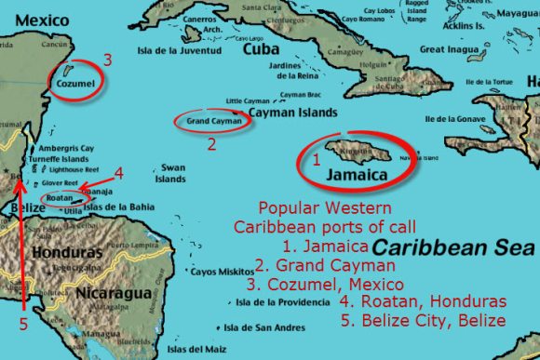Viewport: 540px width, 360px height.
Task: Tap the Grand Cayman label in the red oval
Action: pyautogui.click(x=213, y=121)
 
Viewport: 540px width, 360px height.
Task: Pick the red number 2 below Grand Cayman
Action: pyautogui.click(x=211, y=143)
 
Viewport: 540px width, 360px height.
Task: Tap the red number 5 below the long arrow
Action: pyautogui.click(x=23, y=326)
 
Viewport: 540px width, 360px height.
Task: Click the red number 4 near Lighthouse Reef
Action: pyautogui.click(x=118, y=172)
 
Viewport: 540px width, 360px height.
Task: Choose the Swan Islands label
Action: pyautogui.click(x=172, y=173)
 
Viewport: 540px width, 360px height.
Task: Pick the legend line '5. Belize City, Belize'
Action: pyautogui.click(x=423, y=320)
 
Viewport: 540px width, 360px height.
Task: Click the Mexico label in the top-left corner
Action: pyautogui.click(x=28, y=18)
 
